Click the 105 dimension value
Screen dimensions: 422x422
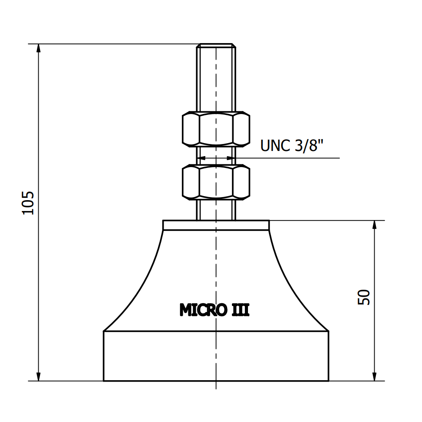28,203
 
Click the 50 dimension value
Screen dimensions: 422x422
364,297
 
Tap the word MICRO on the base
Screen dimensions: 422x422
203,310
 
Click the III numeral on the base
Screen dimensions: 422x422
239,310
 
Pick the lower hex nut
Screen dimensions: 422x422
216,182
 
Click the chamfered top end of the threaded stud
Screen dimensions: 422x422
216,45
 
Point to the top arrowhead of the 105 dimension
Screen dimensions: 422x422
39,48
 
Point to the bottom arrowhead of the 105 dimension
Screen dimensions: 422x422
39,376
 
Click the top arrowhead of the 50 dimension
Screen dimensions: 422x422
374,225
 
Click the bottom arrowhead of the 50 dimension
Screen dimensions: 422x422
374,376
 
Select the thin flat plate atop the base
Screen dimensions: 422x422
216,225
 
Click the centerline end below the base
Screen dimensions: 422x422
216,386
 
